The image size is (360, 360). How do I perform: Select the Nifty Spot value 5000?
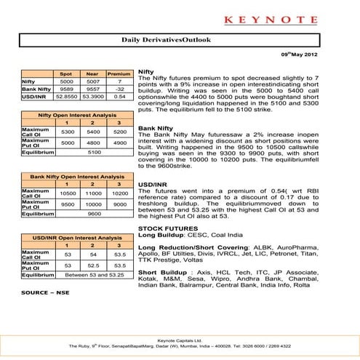coord(66,82)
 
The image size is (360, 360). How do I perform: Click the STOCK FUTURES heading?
coord(164,228)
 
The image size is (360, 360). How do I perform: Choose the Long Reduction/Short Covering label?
coord(183,247)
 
